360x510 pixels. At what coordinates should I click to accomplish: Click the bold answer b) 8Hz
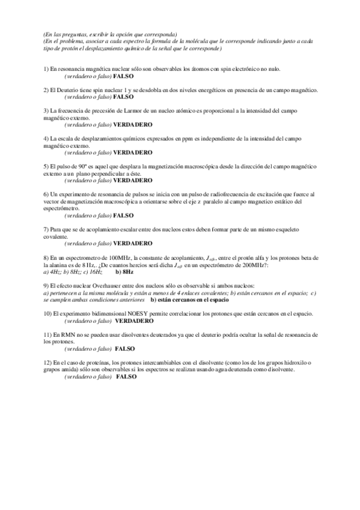[124, 272]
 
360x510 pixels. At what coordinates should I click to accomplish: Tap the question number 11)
[48, 334]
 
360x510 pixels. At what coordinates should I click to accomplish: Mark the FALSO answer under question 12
[126, 376]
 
